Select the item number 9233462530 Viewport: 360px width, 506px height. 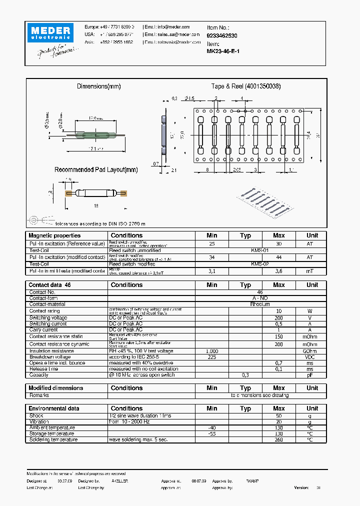(222, 36)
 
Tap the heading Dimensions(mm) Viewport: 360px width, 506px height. (99, 86)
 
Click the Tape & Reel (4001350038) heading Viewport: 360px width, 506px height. (245, 86)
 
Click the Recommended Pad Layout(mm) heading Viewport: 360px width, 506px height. (95, 170)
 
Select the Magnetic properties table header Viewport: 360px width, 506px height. (54, 235)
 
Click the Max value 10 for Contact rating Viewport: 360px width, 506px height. (279, 311)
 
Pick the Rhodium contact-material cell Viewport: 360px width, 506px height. (259, 304)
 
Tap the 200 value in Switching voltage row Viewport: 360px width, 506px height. (279, 318)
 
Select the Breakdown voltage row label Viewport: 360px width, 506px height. (50, 357)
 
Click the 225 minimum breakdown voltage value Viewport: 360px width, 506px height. (212, 357)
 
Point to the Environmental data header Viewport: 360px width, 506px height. (54, 408)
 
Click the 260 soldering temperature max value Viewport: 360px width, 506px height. (279, 440)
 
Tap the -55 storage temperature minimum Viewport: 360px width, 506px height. (212, 434)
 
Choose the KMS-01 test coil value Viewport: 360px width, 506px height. (259, 250)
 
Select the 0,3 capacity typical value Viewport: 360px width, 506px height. (245, 375)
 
